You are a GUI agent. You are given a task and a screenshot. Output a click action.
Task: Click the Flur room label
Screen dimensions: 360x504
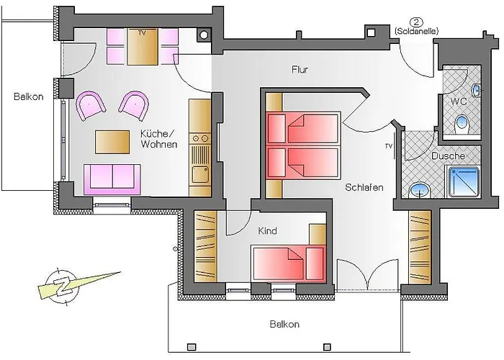[x=300, y=70]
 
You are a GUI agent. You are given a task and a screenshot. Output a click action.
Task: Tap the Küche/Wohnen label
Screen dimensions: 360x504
[x=159, y=138]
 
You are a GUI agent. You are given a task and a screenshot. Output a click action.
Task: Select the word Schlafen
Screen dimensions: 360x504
[x=364, y=187]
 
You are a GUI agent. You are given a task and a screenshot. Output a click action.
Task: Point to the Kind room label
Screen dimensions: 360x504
[x=268, y=231]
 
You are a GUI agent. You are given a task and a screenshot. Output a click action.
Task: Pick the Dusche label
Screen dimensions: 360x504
[x=447, y=156]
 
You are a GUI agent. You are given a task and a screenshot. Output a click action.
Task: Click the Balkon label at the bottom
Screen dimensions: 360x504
[x=284, y=324]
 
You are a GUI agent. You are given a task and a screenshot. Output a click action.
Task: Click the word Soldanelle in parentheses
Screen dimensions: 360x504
[x=417, y=32]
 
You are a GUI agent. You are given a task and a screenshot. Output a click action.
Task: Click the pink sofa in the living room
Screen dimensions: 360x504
[x=112, y=179]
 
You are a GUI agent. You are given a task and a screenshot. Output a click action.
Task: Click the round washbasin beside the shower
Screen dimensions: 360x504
[x=420, y=190]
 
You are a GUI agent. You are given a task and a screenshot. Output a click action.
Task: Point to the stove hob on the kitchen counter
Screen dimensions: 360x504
[x=200, y=138]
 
